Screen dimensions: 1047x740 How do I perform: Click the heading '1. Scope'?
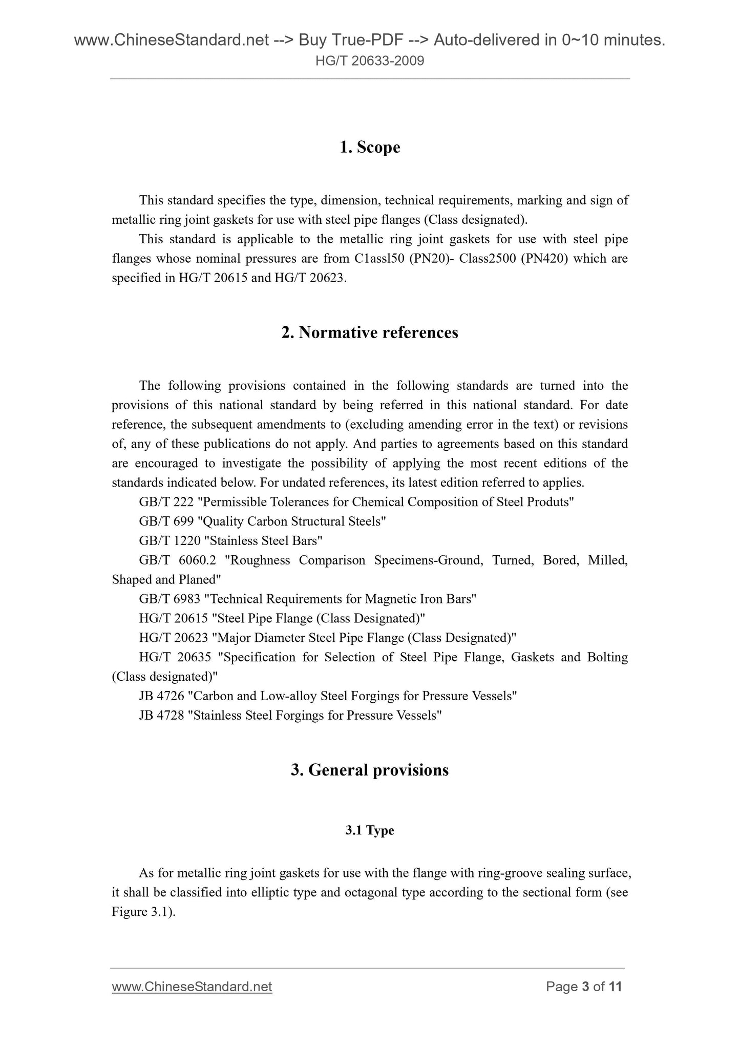(370, 148)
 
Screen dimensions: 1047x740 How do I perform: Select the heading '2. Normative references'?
(370, 333)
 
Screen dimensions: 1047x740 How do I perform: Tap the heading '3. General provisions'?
(370, 770)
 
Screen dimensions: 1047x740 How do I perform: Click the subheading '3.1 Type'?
(370, 830)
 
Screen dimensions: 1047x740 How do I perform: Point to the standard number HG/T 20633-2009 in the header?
(370, 61)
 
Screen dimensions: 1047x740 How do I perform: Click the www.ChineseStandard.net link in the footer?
(192, 987)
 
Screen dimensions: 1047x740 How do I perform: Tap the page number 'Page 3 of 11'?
(584, 987)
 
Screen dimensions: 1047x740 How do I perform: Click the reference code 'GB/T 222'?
(166, 502)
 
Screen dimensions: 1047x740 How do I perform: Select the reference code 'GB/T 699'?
(166, 521)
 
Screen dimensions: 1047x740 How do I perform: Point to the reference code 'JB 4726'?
(161, 696)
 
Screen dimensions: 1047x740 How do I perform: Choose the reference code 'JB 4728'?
(161, 716)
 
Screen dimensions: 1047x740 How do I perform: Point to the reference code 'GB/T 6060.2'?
(178, 560)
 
